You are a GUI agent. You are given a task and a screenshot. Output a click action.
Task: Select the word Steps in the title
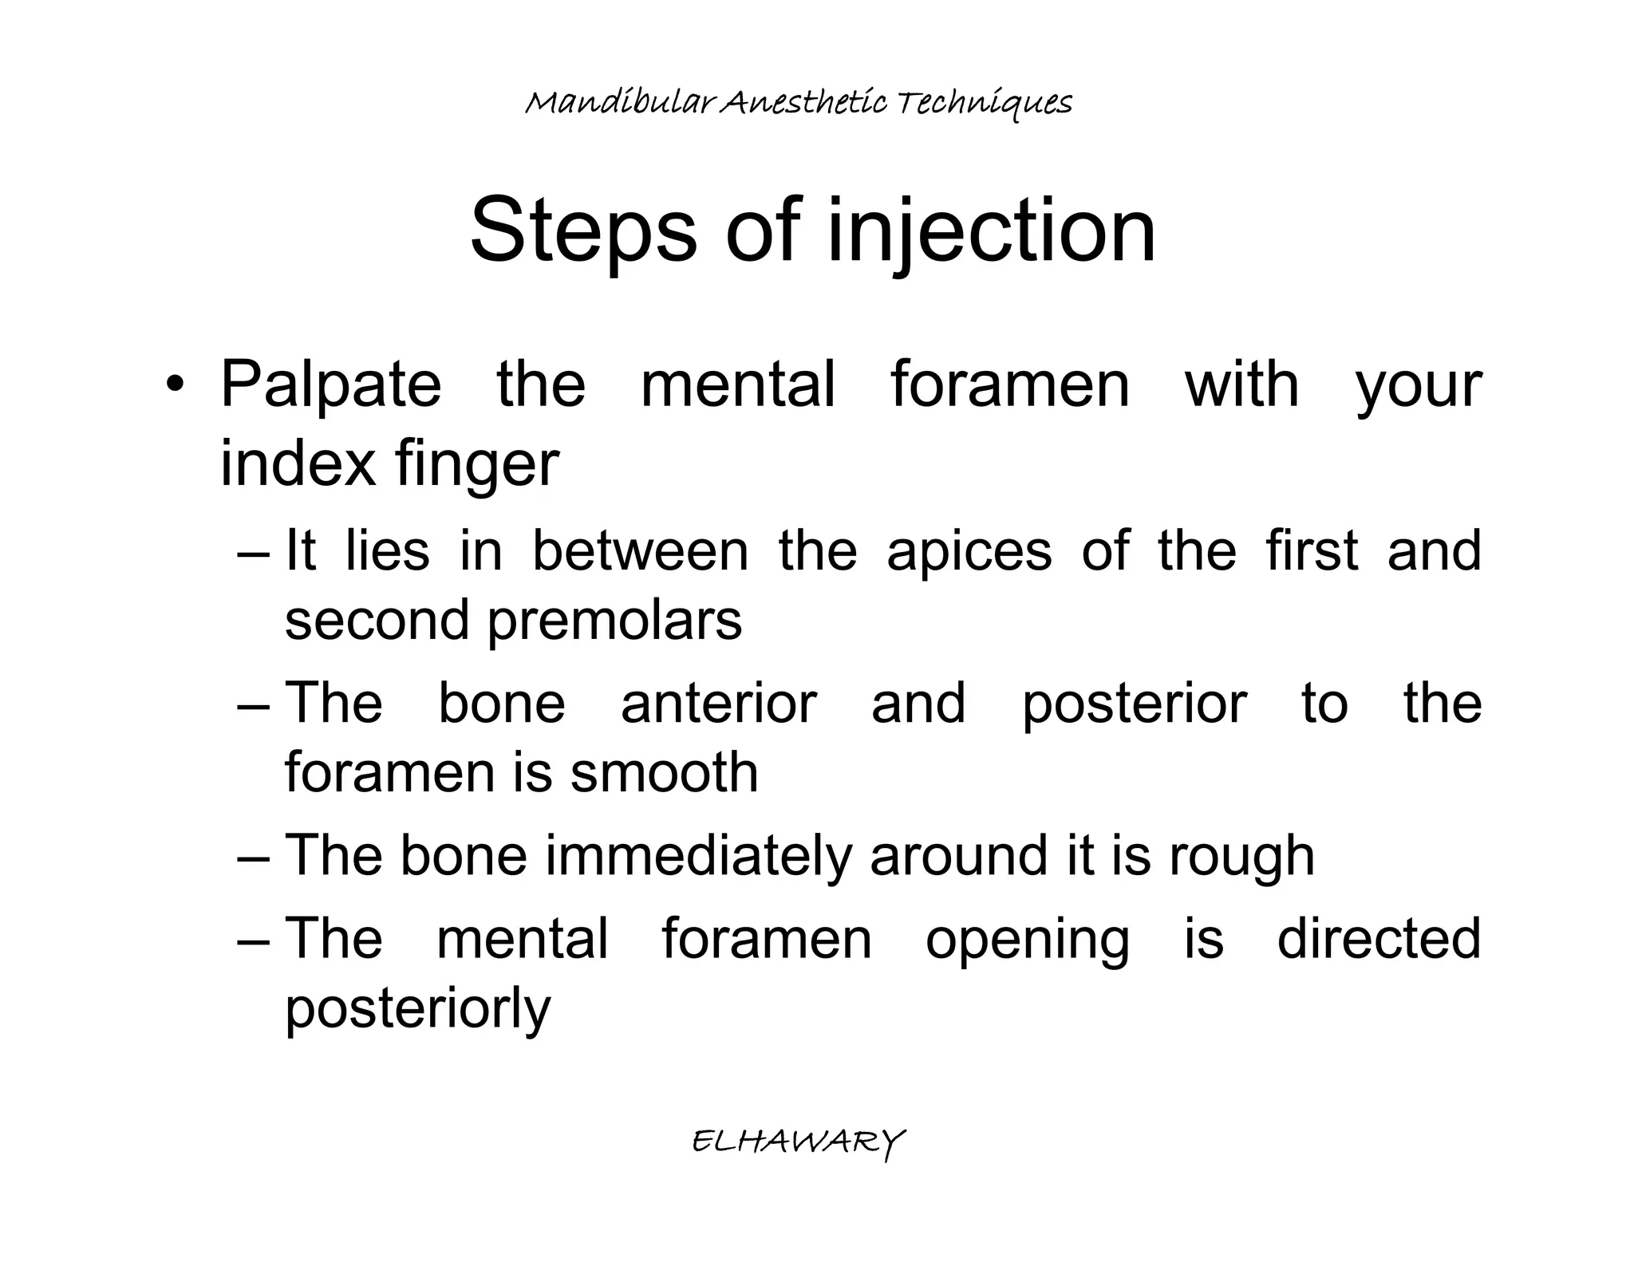[x=583, y=232]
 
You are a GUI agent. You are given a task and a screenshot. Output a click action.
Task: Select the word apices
[x=969, y=551]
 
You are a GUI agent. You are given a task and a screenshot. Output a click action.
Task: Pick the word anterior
[x=718, y=704]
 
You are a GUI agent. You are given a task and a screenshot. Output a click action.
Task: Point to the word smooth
[x=665, y=772]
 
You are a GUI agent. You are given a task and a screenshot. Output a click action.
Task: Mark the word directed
[x=1379, y=939]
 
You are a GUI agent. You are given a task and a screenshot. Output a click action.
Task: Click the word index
[x=298, y=464]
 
